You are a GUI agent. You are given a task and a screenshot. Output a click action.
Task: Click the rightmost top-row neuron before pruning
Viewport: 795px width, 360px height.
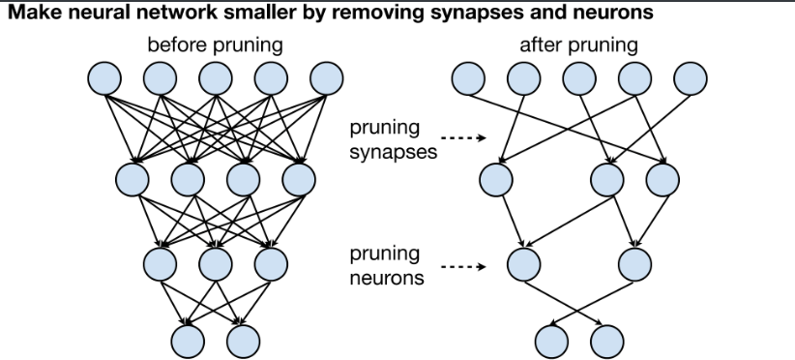pos(328,77)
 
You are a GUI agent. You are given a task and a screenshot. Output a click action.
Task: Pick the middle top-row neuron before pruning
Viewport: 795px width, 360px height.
pos(216,77)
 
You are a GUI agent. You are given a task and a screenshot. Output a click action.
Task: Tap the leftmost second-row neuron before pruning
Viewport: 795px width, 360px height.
pos(132,177)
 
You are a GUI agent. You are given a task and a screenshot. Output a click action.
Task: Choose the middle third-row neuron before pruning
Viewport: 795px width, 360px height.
pos(216,261)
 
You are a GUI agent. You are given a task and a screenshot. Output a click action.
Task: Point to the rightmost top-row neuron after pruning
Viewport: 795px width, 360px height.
pos(691,77)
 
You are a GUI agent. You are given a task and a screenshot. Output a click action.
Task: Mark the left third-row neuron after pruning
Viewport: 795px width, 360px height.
pos(522,261)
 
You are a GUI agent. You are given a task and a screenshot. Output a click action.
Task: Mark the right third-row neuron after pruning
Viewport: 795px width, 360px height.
pos(634,261)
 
